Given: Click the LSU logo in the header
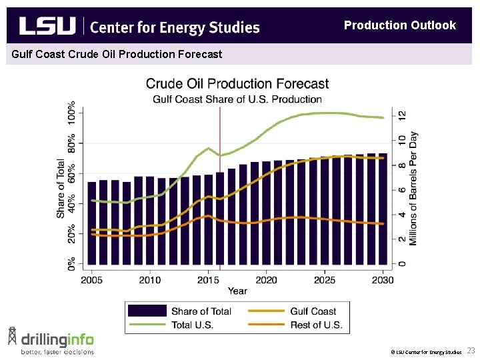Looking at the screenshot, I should tap(47, 26).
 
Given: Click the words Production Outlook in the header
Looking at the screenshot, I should tap(399, 25).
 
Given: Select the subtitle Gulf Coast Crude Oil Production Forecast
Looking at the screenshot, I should tap(115, 54).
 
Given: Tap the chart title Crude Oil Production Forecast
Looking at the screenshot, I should tap(237, 84).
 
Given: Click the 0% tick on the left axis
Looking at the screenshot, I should tap(71, 263).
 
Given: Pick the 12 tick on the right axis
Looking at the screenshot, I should tap(402, 115).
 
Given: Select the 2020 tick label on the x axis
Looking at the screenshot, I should tap(267, 280).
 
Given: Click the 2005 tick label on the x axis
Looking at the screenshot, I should tap(92, 280).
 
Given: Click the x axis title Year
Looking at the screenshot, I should tap(237, 291).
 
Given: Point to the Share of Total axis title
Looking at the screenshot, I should tap(61, 188).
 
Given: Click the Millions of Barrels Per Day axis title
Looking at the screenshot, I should tap(413, 188).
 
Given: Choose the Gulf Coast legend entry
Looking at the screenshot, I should tap(313, 311).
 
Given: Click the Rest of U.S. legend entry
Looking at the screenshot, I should tap(316, 325).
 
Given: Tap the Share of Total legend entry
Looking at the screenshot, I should tap(201, 311).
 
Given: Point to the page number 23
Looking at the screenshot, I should tap(471, 351).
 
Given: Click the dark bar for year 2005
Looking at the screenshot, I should tap(92, 223).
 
